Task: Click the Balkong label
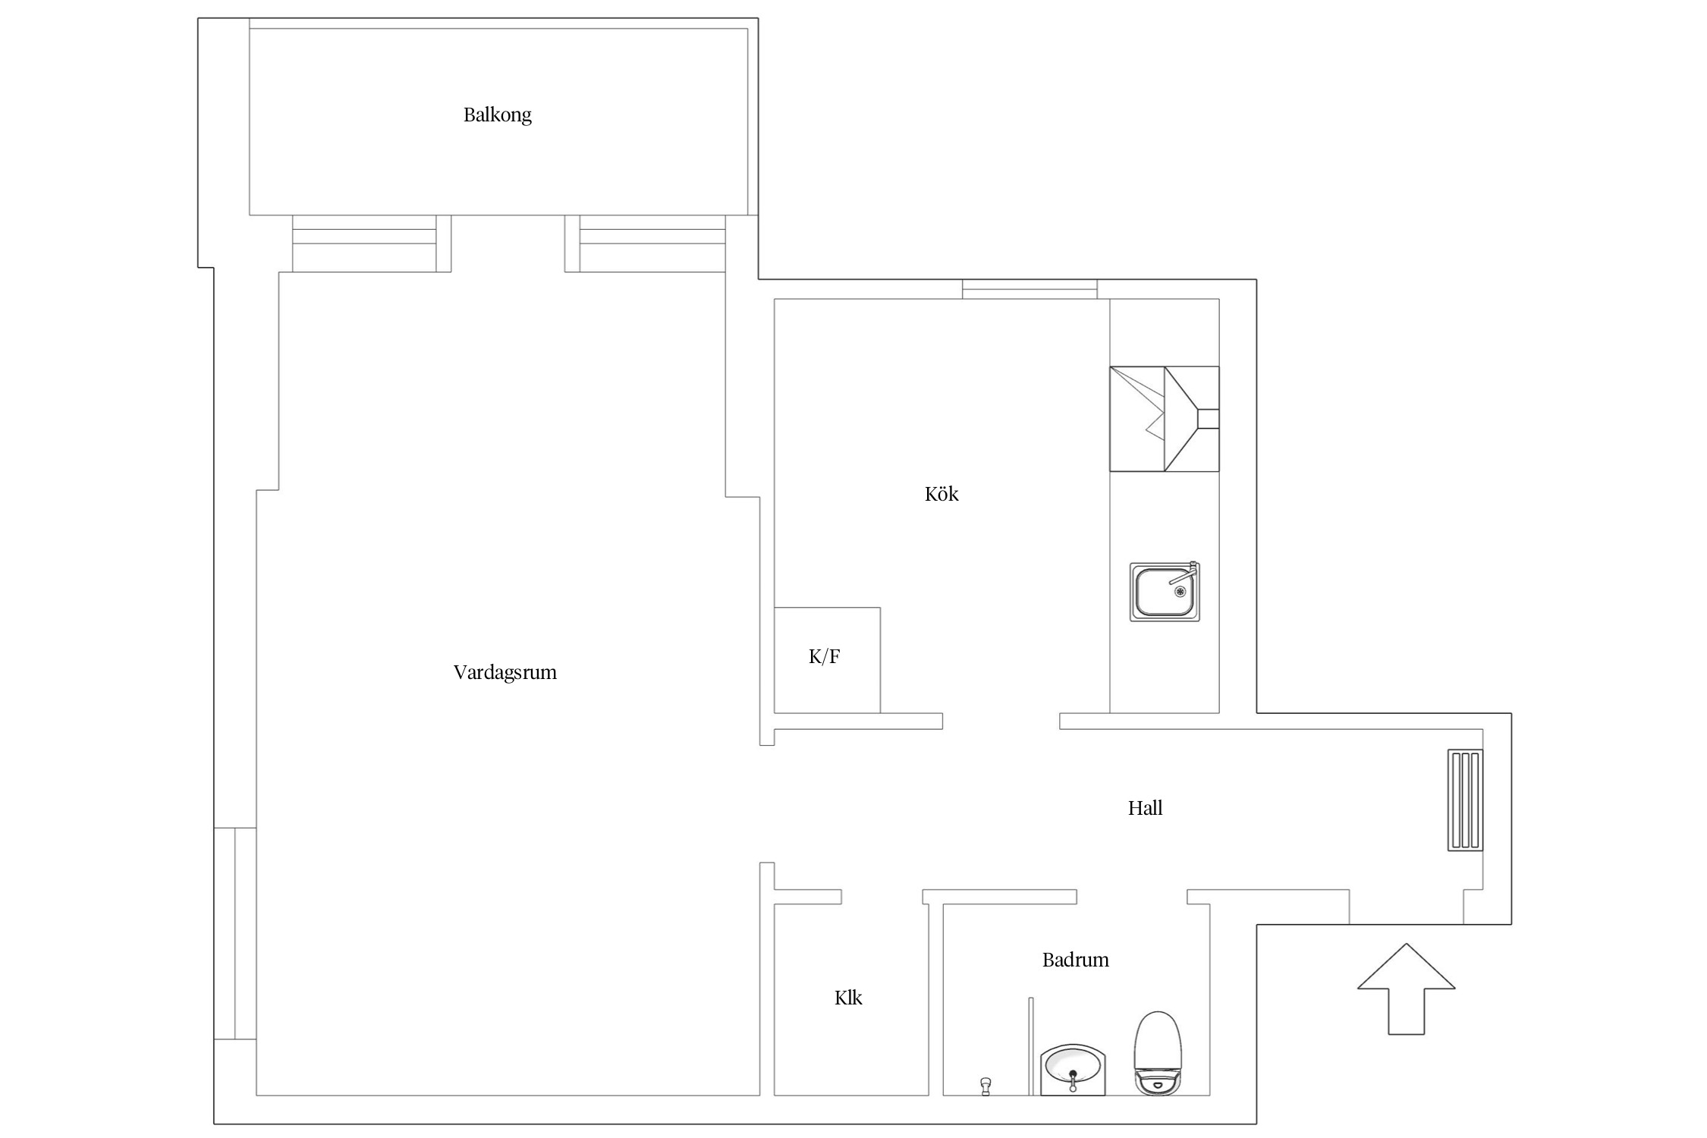(498, 115)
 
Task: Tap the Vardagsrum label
(505, 673)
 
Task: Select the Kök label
(942, 494)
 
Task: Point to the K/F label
(825, 656)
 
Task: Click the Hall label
(1146, 808)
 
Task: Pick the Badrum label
(1076, 960)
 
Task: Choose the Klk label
(848, 998)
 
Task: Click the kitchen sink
(1165, 592)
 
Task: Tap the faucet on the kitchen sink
(1186, 574)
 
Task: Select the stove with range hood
(1165, 419)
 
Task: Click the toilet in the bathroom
(1158, 1053)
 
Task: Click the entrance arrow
(1406, 989)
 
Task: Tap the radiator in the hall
(1465, 800)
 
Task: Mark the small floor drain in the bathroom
(986, 1086)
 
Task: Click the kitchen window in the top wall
(1030, 289)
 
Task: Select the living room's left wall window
(235, 933)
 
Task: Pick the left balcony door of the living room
(372, 244)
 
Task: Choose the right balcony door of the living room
(645, 244)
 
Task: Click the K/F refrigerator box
(827, 660)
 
